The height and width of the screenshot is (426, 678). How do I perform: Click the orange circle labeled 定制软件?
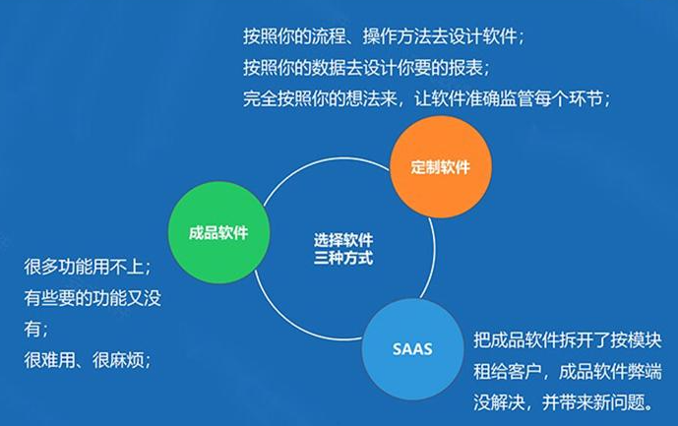click(440, 166)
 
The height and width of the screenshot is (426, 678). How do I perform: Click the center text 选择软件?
click(343, 239)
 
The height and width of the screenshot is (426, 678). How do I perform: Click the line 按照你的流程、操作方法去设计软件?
click(384, 37)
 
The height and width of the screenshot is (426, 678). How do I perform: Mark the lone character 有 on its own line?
click(33, 330)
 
